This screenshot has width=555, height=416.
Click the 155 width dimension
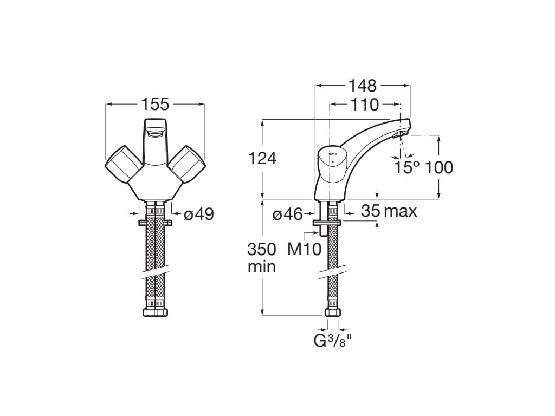pyautogui.click(x=155, y=103)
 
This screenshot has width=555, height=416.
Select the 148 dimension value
pyautogui.click(x=362, y=86)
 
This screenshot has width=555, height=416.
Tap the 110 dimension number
pyautogui.click(x=364, y=105)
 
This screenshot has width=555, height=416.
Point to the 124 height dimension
pyautogui.click(x=262, y=158)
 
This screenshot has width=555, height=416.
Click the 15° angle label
pyautogui.click(x=406, y=167)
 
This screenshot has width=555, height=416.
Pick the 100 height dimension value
pyautogui.click(x=438, y=167)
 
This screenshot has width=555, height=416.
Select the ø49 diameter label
pyautogui.click(x=199, y=214)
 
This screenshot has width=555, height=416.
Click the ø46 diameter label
pyautogui.click(x=287, y=214)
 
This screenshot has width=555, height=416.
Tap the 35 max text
pyautogui.click(x=389, y=211)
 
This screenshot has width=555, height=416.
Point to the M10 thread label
pyautogui.click(x=304, y=249)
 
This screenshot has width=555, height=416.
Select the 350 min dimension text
pyautogui.click(x=262, y=258)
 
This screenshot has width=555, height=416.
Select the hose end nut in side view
pyautogui.click(x=332, y=312)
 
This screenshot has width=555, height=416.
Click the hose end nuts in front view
pyautogui.click(x=155, y=313)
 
